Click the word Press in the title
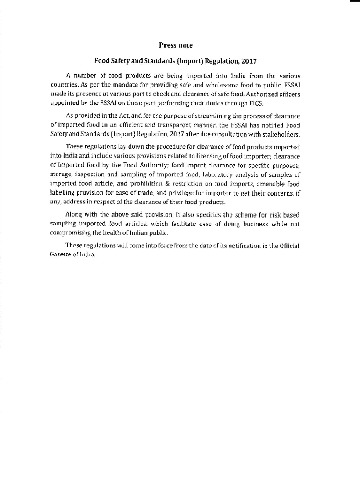click(x=167, y=45)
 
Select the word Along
click(x=74, y=215)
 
